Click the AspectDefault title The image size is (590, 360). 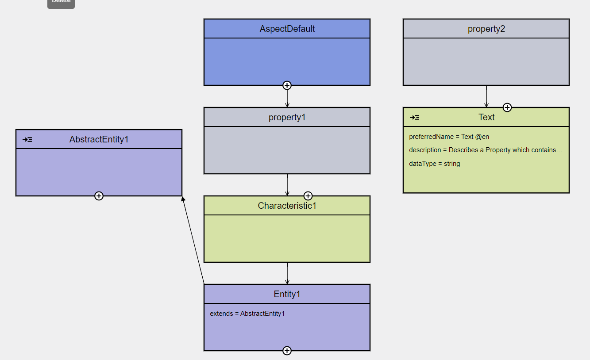(x=287, y=29)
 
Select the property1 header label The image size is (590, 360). (x=287, y=117)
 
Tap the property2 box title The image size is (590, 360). (x=486, y=29)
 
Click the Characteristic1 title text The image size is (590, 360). (x=287, y=206)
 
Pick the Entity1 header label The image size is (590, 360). (x=287, y=294)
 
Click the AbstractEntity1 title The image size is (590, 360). (x=99, y=139)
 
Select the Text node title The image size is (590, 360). (x=486, y=117)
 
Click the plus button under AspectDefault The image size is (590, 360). (x=287, y=85)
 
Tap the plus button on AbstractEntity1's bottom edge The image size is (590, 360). (x=99, y=196)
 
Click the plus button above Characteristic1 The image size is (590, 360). (x=308, y=196)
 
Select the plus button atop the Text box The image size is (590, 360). (x=507, y=107)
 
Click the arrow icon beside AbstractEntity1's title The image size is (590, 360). (x=27, y=140)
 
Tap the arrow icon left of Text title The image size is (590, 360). (x=415, y=118)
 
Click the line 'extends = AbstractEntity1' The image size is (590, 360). (x=247, y=314)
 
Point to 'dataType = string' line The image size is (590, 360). (x=434, y=164)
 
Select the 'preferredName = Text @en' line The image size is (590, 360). (x=449, y=137)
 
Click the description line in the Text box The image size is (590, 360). (x=485, y=150)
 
